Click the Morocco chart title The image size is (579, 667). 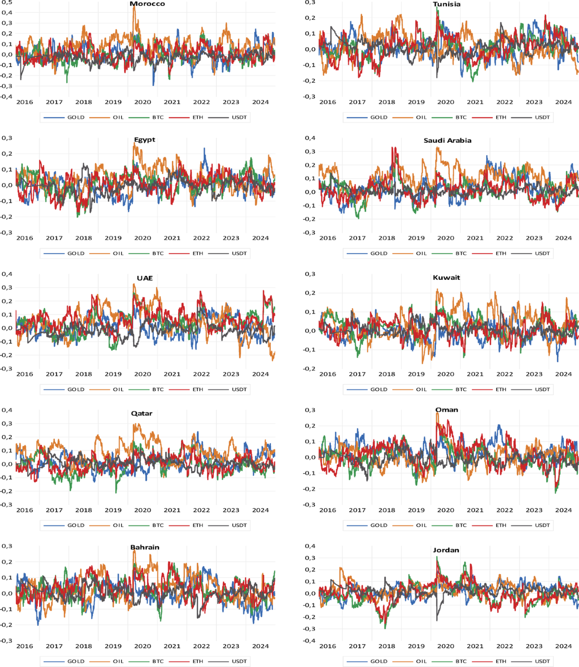point(147,4)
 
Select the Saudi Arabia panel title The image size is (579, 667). point(447,140)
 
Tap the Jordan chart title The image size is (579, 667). point(446,550)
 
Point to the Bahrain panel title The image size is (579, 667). point(145,547)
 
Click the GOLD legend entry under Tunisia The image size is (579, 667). point(378,117)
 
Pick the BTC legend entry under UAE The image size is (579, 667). point(158,389)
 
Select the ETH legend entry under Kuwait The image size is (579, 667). point(501,389)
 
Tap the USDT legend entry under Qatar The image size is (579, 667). point(239,525)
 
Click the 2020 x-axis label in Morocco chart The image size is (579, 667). point(143,102)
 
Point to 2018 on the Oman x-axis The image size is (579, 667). point(386,510)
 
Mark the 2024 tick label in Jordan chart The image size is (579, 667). point(563,646)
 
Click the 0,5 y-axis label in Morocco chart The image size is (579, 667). point(7,2)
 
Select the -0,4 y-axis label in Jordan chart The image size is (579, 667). point(309,640)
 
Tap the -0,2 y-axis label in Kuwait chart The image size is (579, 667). point(309,368)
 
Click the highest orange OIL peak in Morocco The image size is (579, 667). point(134,7)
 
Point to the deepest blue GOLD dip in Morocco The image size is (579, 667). point(153,85)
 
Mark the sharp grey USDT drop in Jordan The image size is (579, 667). point(437,620)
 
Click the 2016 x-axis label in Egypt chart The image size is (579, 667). point(25,238)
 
